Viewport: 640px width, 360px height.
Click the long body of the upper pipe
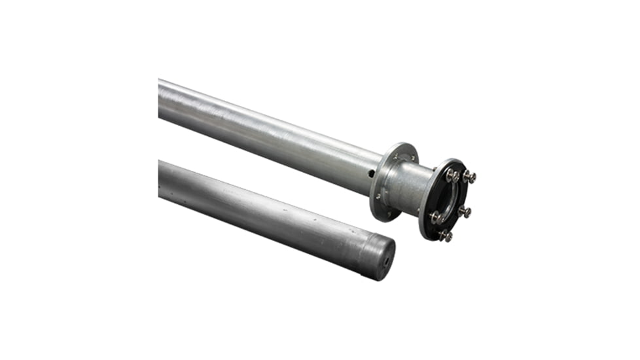click(x=262, y=131)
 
